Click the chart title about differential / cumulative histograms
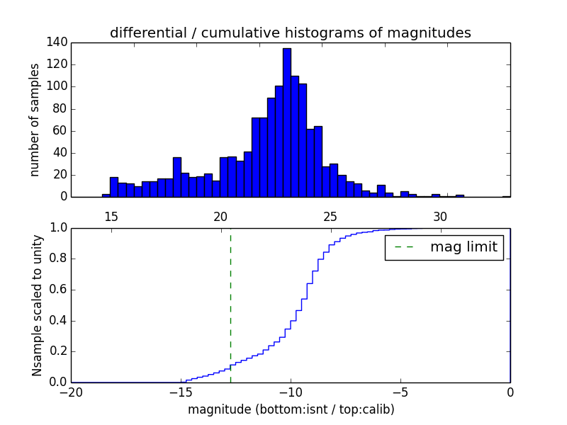coord(290,33)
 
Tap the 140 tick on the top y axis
coord(58,42)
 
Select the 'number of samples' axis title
coord(35,120)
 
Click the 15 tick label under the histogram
coord(111,216)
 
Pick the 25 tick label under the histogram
coord(330,216)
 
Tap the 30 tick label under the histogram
coord(440,216)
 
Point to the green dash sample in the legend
coord(404,247)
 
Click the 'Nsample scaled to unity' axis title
coord(37,305)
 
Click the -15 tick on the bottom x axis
coord(181,392)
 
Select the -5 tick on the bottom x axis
coord(400,392)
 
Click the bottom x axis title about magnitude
coord(291,409)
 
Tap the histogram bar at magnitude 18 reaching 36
coord(176,177)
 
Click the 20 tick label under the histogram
coord(220,216)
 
